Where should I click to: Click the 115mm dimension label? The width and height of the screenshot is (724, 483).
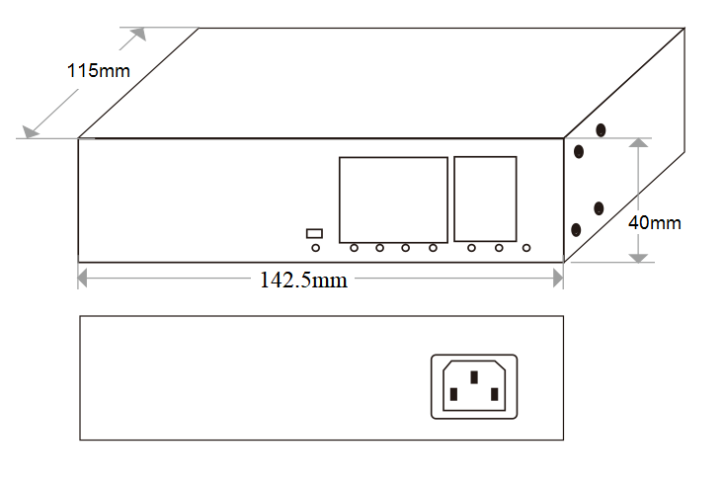pyautogui.click(x=98, y=71)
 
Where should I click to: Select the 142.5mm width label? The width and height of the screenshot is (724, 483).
pyautogui.click(x=303, y=280)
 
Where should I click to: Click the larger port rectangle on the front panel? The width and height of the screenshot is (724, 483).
pyautogui.click(x=393, y=199)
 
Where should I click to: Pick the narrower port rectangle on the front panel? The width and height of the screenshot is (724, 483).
pyautogui.click(x=485, y=199)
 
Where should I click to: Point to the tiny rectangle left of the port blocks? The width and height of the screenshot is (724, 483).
pyautogui.click(x=315, y=233)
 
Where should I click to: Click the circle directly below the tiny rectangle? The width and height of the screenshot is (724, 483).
pyautogui.click(x=315, y=248)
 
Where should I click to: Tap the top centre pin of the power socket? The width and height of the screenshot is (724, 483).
pyautogui.click(x=475, y=376)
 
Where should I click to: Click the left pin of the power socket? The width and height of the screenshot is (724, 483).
pyautogui.click(x=453, y=396)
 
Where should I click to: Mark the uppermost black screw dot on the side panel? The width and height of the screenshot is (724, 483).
pyautogui.click(x=601, y=129)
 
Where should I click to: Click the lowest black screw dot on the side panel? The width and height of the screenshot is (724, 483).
pyautogui.click(x=576, y=230)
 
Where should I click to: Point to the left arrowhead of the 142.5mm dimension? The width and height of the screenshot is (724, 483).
pyautogui.click(x=84, y=280)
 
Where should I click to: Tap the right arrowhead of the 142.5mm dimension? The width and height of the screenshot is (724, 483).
pyautogui.click(x=557, y=280)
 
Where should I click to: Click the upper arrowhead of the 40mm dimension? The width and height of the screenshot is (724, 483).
pyautogui.click(x=640, y=143)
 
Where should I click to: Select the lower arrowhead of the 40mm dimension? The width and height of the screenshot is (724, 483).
pyautogui.click(x=640, y=256)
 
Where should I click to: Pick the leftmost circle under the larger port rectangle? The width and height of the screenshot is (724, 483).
pyautogui.click(x=353, y=248)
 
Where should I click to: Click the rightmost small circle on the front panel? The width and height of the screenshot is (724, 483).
pyautogui.click(x=526, y=248)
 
